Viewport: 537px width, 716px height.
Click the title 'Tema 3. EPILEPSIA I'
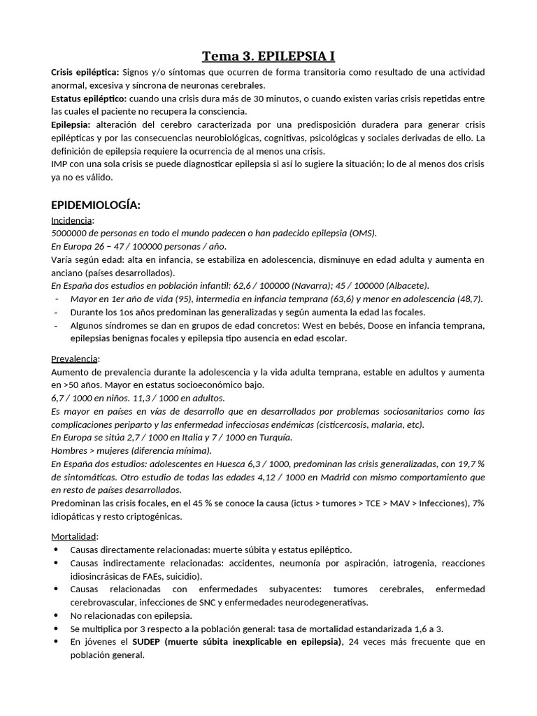tap(268, 55)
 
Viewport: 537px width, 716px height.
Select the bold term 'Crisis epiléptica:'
tap(85, 73)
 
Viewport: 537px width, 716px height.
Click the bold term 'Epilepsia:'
tap(71, 124)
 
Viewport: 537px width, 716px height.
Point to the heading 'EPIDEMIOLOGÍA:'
tap(96, 205)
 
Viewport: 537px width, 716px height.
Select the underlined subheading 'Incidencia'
tap(72, 220)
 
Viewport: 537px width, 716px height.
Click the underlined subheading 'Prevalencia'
tap(75, 359)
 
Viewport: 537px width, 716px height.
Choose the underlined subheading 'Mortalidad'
tap(74, 536)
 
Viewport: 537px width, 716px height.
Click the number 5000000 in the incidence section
tap(72, 233)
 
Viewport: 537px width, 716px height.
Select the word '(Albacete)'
tap(405, 285)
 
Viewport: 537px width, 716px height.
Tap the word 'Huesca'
tap(242, 464)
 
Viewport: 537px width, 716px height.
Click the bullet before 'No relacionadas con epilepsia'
tap(56, 615)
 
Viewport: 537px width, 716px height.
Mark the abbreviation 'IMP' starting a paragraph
tap(61, 164)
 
